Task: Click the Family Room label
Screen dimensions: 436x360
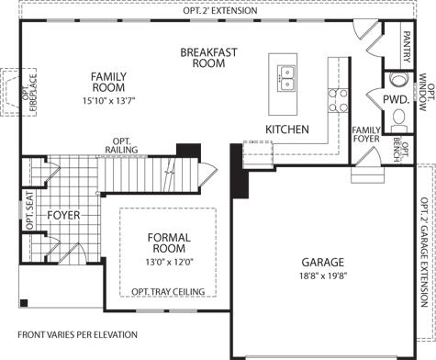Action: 108,82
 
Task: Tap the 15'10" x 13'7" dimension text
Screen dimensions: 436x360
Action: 108,100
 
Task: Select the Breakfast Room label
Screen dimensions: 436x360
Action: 208,58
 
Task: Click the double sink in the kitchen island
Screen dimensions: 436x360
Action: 286,78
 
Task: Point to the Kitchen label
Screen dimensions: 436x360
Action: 287,129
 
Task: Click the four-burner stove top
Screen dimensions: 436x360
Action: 338,100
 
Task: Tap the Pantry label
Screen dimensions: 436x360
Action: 407,47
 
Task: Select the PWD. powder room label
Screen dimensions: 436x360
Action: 396,99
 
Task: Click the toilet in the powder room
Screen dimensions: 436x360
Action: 398,120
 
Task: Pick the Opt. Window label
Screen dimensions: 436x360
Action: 427,92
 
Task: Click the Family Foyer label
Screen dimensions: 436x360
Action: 366,135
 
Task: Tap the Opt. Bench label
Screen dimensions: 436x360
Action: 400,150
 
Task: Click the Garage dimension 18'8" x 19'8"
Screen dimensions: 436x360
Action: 323,276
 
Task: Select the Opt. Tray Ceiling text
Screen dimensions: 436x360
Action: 168,292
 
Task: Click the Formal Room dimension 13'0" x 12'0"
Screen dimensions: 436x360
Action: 169,262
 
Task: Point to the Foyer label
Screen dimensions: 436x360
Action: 63,216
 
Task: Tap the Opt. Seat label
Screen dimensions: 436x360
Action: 29,210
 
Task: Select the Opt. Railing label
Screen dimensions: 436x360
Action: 121,146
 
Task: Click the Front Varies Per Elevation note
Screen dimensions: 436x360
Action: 77,335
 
